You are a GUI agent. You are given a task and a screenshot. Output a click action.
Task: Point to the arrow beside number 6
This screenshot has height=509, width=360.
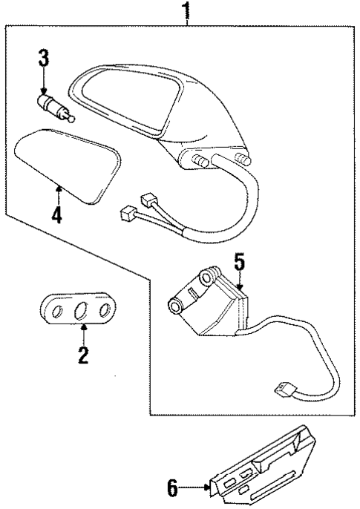click(194, 487)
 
